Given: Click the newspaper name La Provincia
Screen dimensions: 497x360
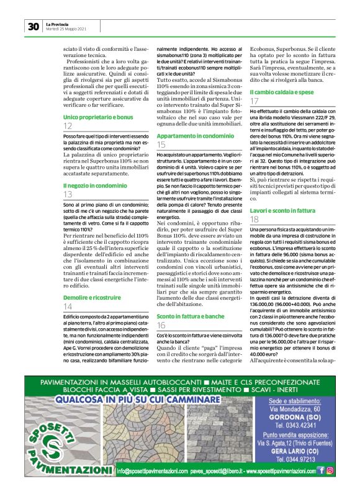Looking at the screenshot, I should click(58, 24).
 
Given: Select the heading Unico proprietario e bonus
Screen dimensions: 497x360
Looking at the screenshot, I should click(98, 116).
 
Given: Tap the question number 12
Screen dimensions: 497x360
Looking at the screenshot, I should click(68, 126).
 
